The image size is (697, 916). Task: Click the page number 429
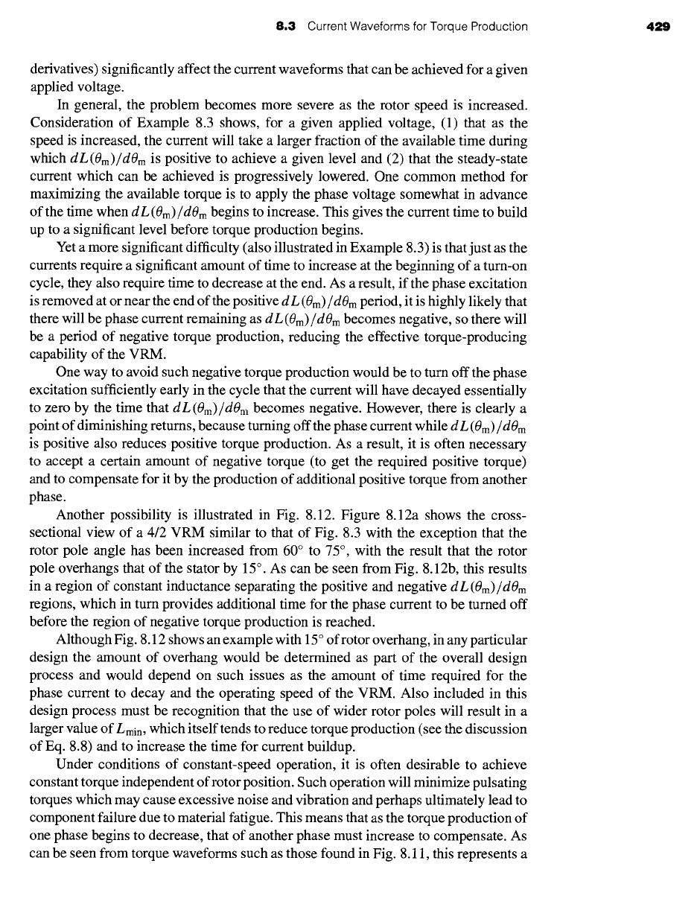click(660, 27)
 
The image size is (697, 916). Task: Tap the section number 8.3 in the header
click(287, 27)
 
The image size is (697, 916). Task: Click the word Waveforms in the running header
click(383, 27)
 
